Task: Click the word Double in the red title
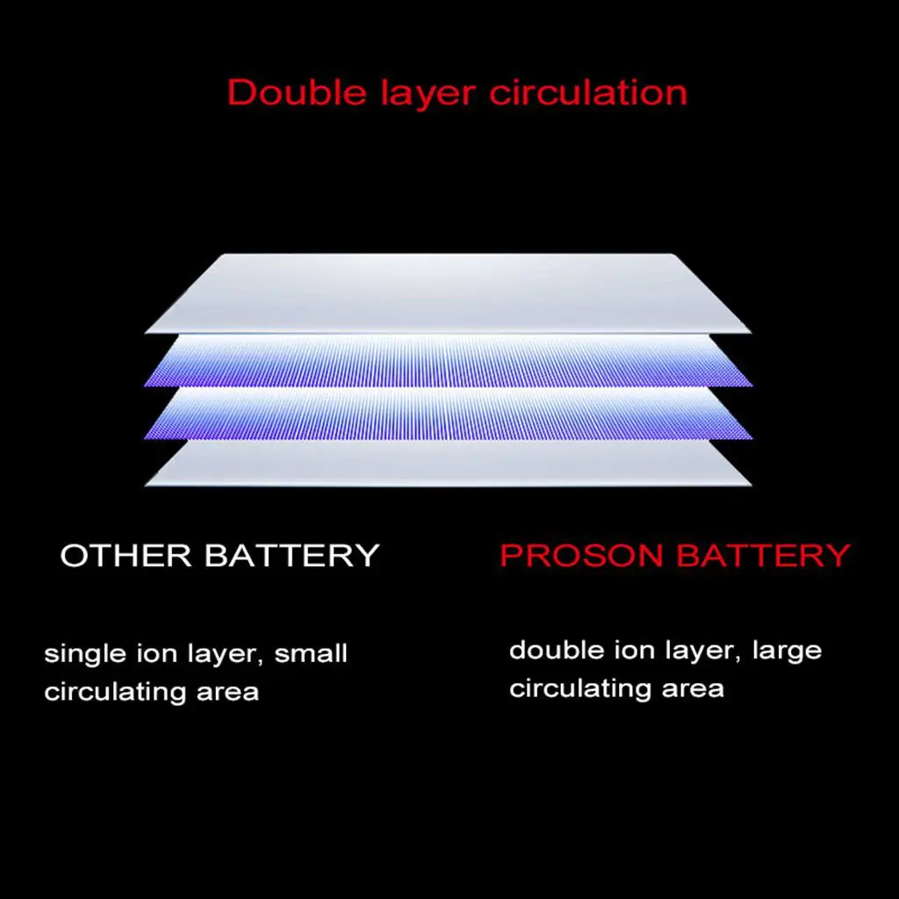(285, 93)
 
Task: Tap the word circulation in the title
(587, 93)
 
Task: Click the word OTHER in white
(126, 556)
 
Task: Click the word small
(312, 654)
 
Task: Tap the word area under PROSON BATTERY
(693, 689)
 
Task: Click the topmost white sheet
(448, 292)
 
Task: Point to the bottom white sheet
(448, 463)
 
